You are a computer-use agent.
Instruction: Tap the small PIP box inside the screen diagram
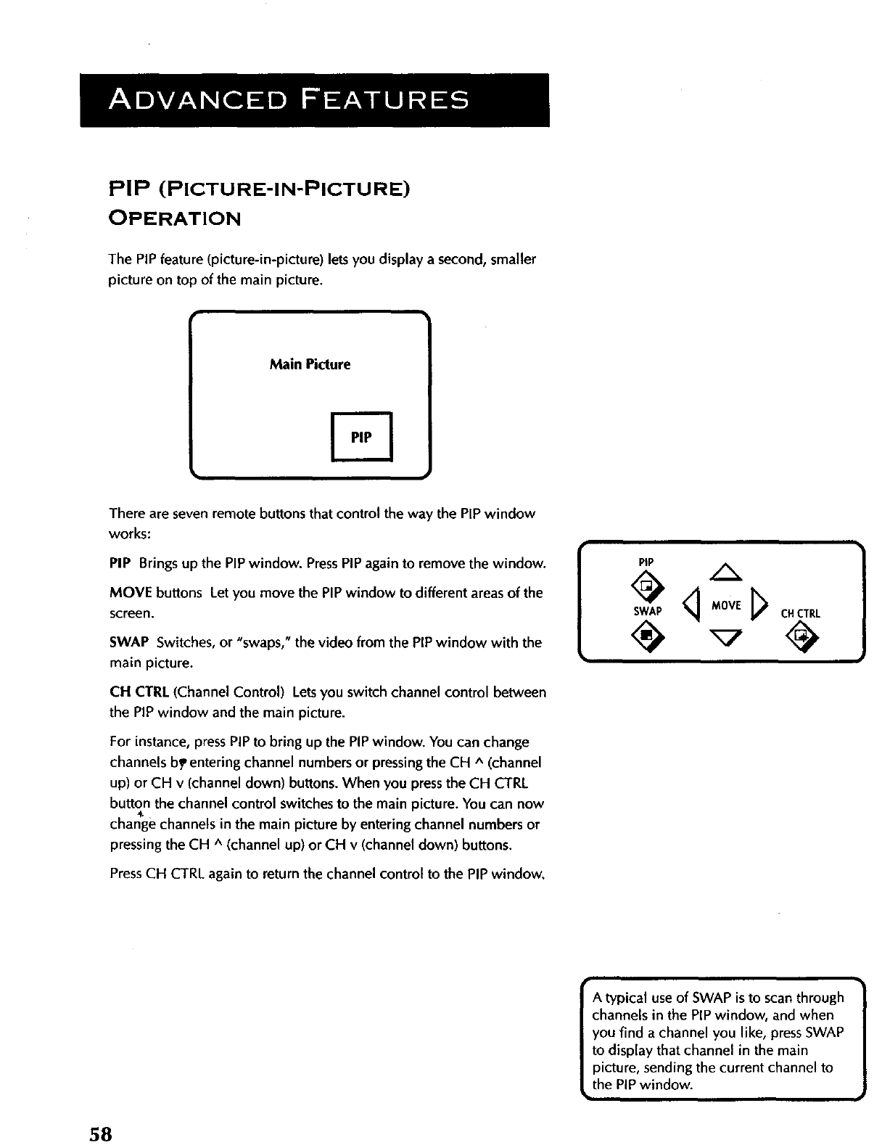[361, 437]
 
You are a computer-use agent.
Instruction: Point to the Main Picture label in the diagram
[310, 364]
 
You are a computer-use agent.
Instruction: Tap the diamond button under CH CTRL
[801, 638]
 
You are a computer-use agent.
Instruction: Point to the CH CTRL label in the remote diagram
[800, 613]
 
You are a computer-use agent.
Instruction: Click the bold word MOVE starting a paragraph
[131, 593]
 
